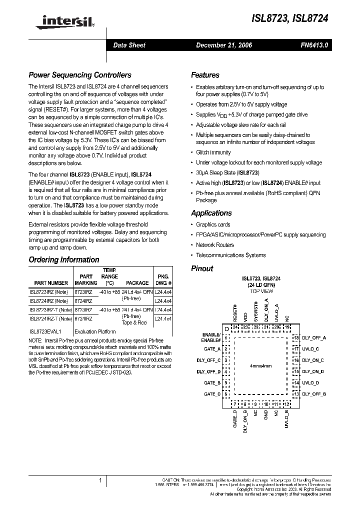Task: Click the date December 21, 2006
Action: (223, 45)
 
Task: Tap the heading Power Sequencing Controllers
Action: (80, 75)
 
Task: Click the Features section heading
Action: (205, 75)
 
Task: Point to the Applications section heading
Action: (211, 213)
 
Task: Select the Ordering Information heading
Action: (64, 260)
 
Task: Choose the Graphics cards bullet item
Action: (213, 225)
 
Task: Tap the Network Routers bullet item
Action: (215, 245)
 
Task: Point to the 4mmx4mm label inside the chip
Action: (260, 366)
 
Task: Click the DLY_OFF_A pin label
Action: (314, 338)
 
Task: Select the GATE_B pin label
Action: (212, 383)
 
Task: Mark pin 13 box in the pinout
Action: (296, 394)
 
